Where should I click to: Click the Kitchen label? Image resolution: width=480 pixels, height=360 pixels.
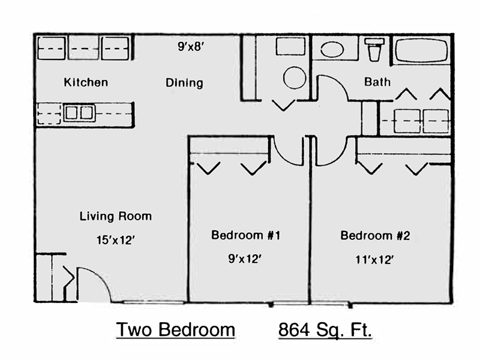point(86,82)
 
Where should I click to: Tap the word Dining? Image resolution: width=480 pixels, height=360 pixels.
point(184,83)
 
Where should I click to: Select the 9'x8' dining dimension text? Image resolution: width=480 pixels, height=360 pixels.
point(191,47)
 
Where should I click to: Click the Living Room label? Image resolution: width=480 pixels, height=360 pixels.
point(116,216)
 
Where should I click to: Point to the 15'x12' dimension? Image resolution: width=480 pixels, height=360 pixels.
point(116,240)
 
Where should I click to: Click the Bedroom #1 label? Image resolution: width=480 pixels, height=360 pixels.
point(245,235)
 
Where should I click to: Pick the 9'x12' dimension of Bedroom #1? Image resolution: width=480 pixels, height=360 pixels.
point(245,259)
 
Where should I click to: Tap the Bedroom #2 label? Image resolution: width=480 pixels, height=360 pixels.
point(375,235)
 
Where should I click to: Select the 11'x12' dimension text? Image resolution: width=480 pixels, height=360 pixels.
point(374,260)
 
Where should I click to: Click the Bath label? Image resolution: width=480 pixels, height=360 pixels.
point(377,82)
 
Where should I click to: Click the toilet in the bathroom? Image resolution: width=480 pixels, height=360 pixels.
point(374,49)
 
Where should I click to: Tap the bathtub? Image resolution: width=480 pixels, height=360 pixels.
point(421,50)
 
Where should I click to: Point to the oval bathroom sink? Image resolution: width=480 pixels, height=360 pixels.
point(332,49)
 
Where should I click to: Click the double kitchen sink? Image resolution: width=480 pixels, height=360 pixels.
point(79,113)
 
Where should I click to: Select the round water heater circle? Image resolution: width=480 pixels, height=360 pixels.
point(295,78)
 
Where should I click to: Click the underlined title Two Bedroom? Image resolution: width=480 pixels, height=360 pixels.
point(175,329)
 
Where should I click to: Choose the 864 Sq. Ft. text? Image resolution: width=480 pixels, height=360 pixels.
point(325,330)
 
